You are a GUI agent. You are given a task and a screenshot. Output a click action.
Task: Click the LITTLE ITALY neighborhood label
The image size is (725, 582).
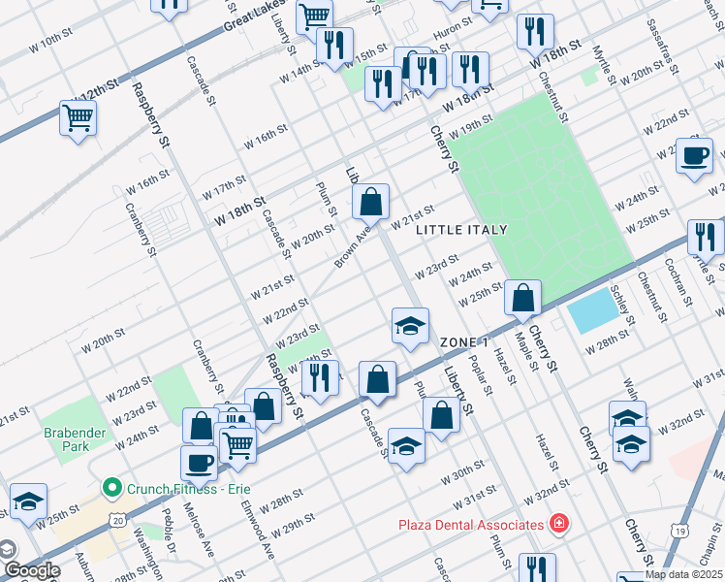pos(461,230)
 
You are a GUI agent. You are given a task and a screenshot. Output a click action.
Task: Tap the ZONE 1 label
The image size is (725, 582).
pos(463,343)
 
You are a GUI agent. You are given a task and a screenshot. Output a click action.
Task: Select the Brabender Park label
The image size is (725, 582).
pos(66,439)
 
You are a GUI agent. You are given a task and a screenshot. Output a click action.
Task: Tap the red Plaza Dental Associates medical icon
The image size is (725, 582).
pos(558,525)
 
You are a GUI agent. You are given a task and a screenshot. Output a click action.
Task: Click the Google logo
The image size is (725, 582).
pos(31,569)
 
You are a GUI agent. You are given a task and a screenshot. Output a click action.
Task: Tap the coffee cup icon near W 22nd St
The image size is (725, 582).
pos(694,155)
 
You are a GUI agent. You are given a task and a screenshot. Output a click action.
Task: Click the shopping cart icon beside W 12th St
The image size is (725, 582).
pos(78,118)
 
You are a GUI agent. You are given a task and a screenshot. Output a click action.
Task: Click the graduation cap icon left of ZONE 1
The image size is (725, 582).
pos(410,325)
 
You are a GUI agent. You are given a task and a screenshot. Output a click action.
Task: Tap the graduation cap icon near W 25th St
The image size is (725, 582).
pos(28,501)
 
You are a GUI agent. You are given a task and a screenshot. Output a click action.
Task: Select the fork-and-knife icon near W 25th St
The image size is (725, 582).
pos(705,237)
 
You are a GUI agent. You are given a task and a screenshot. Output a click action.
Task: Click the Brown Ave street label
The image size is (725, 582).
pos(353,249)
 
